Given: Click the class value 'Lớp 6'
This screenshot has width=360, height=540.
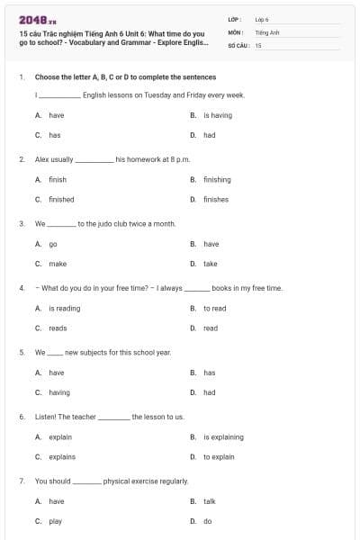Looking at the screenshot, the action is pyautogui.click(x=262, y=19).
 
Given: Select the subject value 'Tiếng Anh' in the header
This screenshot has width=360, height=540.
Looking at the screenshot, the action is pyautogui.click(x=267, y=31).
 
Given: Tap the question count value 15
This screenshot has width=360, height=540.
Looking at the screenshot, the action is pyautogui.click(x=258, y=44).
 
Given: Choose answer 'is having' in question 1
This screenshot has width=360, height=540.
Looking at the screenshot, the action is pyautogui.click(x=217, y=115).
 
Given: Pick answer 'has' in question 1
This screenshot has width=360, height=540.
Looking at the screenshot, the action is pyautogui.click(x=54, y=135).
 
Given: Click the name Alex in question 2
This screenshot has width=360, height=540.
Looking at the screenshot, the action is pyautogui.click(x=41, y=158).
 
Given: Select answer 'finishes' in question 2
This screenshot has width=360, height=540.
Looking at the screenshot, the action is pyautogui.click(x=216, y=199).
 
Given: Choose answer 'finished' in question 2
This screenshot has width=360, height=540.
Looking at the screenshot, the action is pyautogui.click(x=61, y=199).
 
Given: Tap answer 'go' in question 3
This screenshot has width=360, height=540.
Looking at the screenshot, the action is pyautogui.click(x=53, y=244).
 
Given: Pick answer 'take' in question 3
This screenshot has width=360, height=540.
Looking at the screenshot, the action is pyautogui.click(x=211, y=264).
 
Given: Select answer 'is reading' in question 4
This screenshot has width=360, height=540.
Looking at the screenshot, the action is pyautogui.click(x=64, y=308).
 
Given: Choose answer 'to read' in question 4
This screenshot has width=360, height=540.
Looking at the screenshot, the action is pyautogui.click(x=214, y=308).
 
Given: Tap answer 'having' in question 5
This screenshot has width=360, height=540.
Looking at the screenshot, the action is pyautogui.click(x=58, y=392).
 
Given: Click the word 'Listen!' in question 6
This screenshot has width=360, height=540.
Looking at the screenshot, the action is pyautogui.click(x=47, y=417).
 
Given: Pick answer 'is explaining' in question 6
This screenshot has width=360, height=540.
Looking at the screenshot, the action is pyautogui.click(x=223, y=436).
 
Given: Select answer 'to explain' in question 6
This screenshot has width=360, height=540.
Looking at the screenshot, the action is pyautogui.click(x=219, y=456).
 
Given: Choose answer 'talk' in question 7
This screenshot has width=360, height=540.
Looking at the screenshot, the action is pyautogui.click(x=210, y=501).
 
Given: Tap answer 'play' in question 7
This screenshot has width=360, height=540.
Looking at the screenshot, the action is pyautogui.click(x=55, y=521).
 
